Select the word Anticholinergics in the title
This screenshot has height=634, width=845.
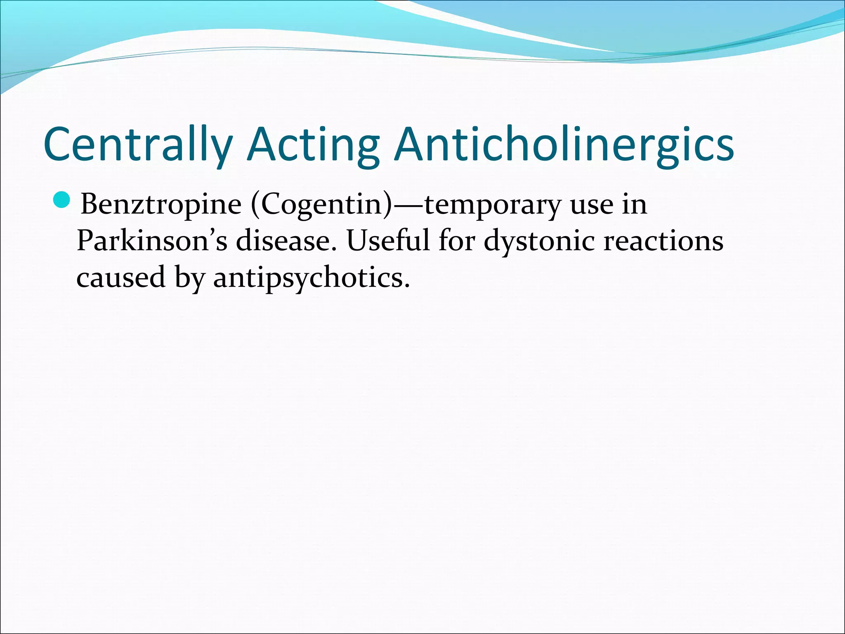click(x=564, y=144)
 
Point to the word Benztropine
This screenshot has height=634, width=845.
click(x=161, y=204)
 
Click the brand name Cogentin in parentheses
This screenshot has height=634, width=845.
click(x=320, y=204)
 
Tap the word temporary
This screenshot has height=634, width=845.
click(x=492, y=204)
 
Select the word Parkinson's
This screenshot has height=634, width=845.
click(x=152, y=241)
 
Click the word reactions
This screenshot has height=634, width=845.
click(x=663, y=241)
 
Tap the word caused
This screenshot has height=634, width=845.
click(x=120, y=277)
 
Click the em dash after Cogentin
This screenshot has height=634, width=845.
click(x=408, y=204)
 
